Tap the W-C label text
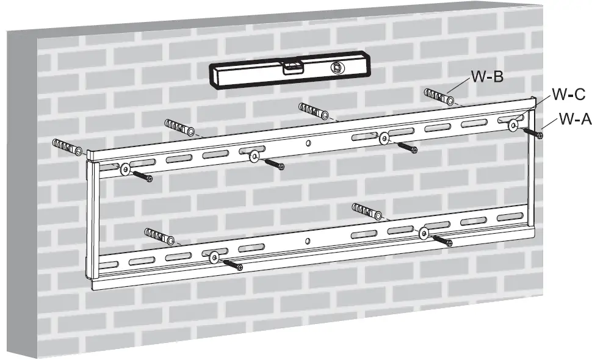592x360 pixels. (x=568, y=95)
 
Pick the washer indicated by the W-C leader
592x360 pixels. (x=513, y=124)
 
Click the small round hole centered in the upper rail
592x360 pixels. (x=308, y=143)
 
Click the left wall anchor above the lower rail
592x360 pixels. (x=159, y=235)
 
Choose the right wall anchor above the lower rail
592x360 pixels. (x=368, y=212)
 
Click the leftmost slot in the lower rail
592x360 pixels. (x=110, y=265)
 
